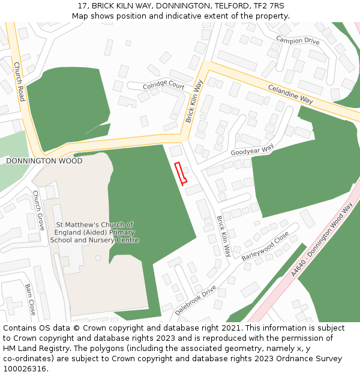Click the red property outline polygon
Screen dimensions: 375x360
coord(181,173)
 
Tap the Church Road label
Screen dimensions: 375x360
coord(19,82)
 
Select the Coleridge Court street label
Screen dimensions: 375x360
coord(164,86)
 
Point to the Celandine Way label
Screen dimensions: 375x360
coord(290,94)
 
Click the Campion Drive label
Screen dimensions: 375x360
coord(298,41)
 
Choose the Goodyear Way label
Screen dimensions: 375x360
coord(252,149)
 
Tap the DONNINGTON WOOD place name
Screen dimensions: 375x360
coord(44,161)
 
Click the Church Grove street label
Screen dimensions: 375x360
coord(38,211)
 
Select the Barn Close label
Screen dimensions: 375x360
coord(31,299)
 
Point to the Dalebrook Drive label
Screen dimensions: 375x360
coord(196,301)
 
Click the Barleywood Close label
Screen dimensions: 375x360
coord(265,247)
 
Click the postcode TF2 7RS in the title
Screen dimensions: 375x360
coord(269,5)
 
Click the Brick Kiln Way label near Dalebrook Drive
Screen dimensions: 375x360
coord(223,236)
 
